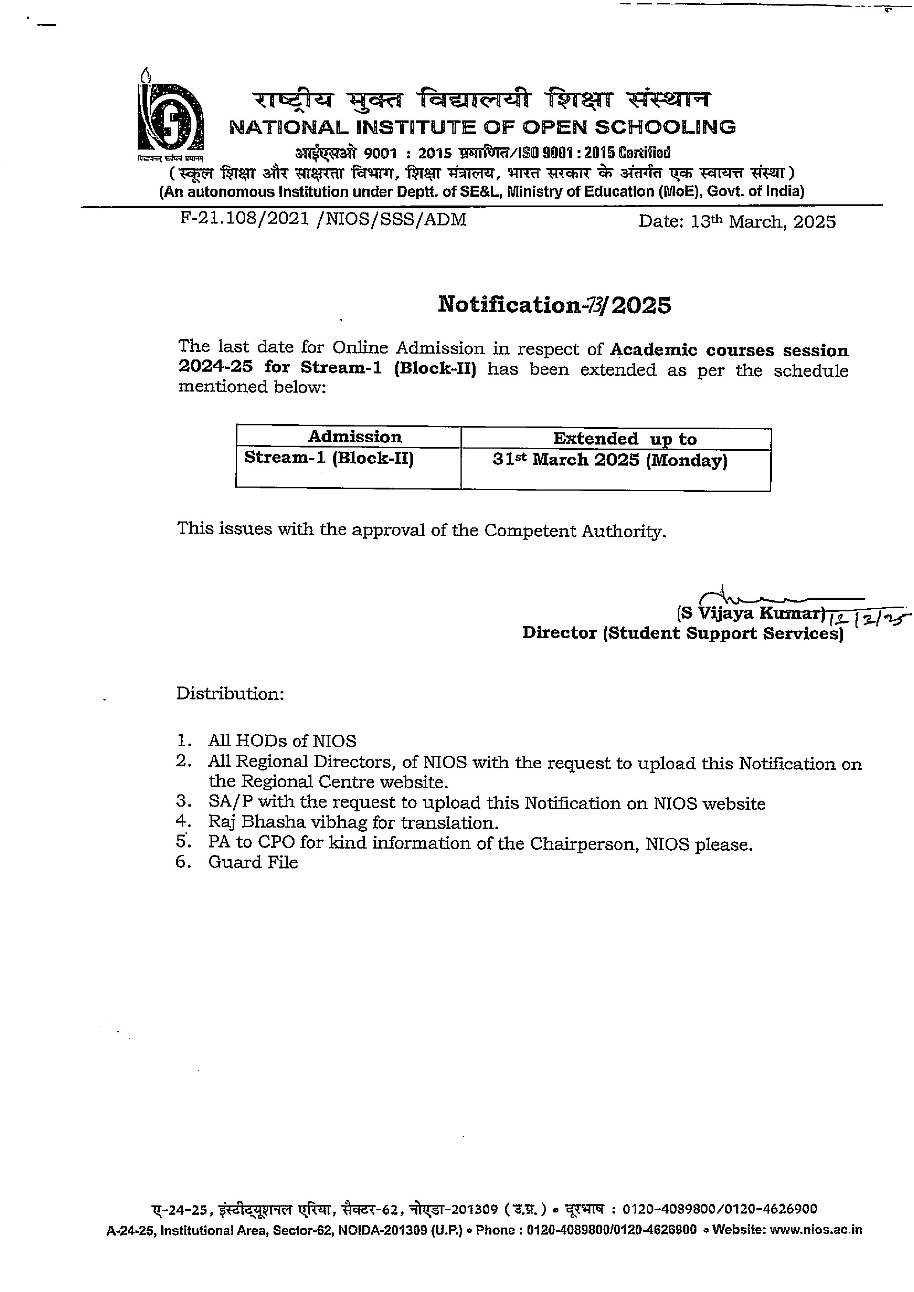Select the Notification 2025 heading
[x=554, y=305]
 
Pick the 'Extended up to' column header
[x=625, y=439]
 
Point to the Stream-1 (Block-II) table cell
[x=329, y=458]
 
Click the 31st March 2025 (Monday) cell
[x=610, y=460]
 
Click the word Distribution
[x=230, y=693]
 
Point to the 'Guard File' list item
[x=253, y=863]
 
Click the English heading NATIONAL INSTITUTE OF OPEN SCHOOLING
[x=482, y=127]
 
